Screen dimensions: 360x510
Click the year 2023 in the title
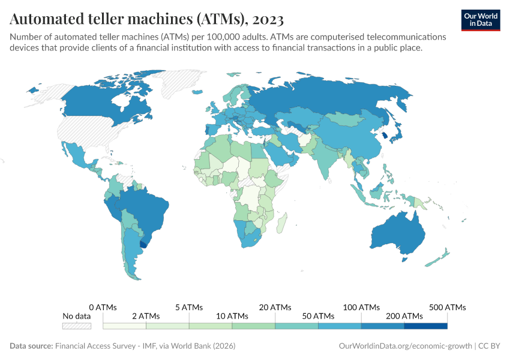[265, 19]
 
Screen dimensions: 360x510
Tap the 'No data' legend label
[77, 316]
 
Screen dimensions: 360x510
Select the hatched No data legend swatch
[77, 326]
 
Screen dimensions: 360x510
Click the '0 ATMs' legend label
[104, 307]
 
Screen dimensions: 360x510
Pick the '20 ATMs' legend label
[275, 307]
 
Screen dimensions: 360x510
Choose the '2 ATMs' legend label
[146, 316]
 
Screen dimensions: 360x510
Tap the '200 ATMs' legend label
[404, 316]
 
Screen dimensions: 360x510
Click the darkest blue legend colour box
[425, 326]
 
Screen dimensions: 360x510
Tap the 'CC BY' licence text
[491, 346]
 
